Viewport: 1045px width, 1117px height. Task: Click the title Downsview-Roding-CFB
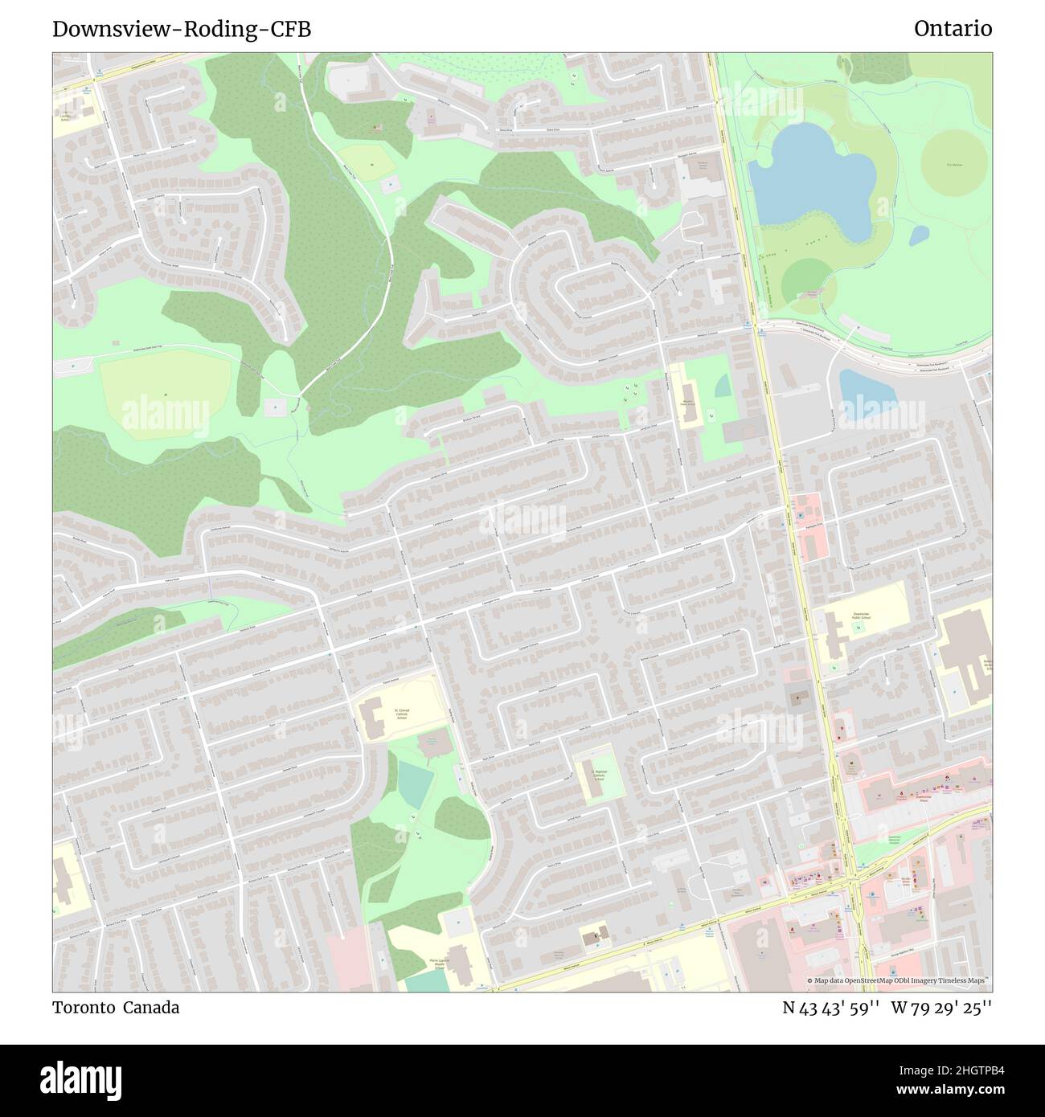pos(182,30)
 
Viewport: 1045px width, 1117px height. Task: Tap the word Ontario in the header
pos(953,30)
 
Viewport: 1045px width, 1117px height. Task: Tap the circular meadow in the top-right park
pos(953,163)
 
